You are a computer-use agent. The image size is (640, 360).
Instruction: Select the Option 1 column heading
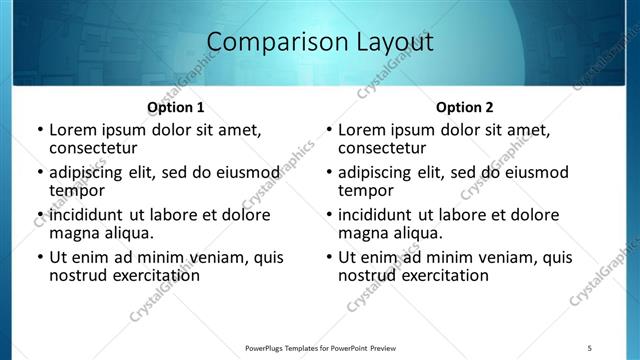click(176, 107)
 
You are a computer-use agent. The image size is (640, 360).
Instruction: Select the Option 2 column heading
click(465, 107)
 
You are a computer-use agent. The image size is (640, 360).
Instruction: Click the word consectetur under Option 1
click(97, 148)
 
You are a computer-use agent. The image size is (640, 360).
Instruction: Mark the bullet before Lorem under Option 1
click(39, 130)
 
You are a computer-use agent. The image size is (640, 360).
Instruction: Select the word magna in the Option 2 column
click(364, 233)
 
